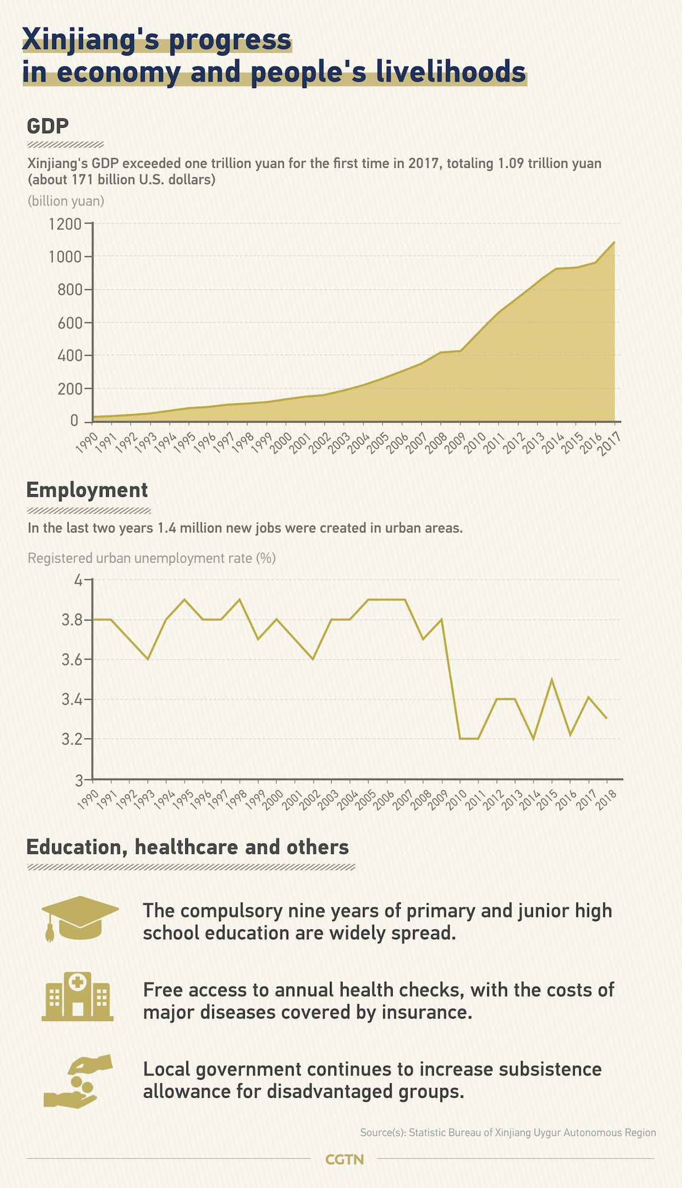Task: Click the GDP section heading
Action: tap(48, 126)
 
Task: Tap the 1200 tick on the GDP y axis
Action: tap(64, 224)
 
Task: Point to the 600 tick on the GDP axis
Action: tap(69, 322)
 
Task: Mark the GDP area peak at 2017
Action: tap(614, 242)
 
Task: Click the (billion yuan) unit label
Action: tap(66, 201)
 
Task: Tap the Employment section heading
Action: tap(87, 490)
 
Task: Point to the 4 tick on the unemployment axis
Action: tap(78, 581)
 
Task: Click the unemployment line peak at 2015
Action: tap(552, 680)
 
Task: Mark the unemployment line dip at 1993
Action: tap(148, 659)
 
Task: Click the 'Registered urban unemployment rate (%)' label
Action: tap(152, 558)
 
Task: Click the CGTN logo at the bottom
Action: tap(344, 1159)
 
